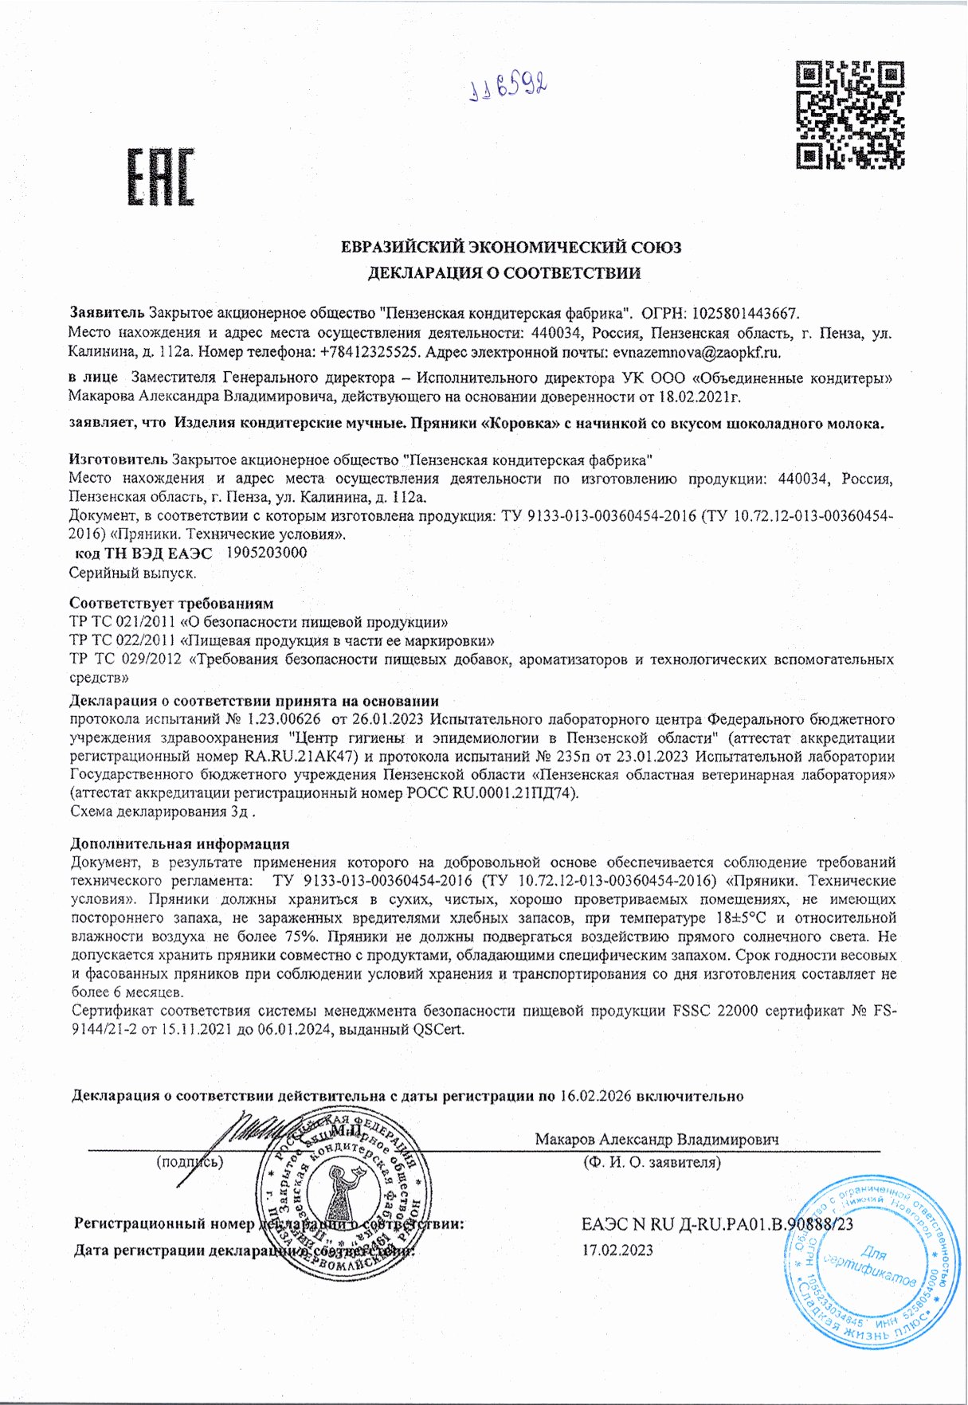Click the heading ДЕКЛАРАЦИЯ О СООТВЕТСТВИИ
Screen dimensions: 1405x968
click(504, 274)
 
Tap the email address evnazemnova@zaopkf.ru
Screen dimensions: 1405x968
click(696, 351)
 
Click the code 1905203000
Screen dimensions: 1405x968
click(267, 553)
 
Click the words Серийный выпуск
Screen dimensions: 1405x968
click(133, 573)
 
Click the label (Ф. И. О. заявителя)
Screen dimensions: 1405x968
click(652, 1162)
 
